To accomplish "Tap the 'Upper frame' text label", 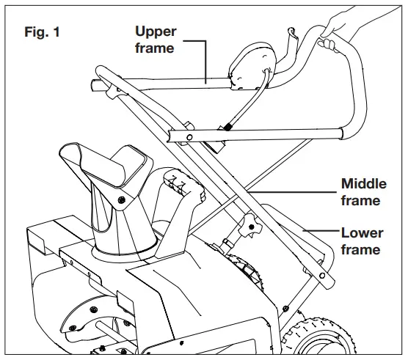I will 155,39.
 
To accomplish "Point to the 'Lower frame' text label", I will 362,241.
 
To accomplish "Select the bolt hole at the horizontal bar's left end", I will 189,136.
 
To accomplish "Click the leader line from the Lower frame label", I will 323,233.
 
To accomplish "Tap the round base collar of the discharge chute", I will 121,249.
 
